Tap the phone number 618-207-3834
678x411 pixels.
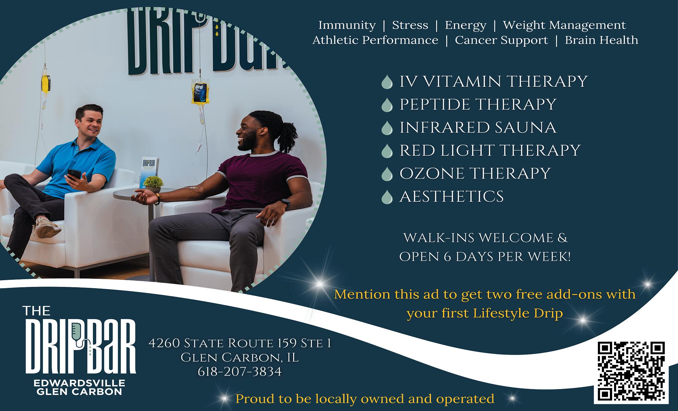click(x=240, y=372)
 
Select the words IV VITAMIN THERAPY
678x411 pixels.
click(x=493, y=81)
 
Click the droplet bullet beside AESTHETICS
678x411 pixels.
click(x=387, y=197)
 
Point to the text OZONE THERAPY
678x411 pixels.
click(x=475, y=173)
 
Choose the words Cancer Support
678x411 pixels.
click(x=501, y=40)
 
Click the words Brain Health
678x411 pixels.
click(x=601, y=40)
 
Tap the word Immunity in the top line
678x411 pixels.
click(x=347, y=25)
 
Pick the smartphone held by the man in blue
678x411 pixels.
click(x=74, y=174)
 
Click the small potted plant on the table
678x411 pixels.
click(x=153, y=183)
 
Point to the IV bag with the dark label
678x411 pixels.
click(x=199, y=92)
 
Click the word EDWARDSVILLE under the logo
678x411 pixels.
click(x=79, y=383)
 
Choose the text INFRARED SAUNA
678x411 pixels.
click(x=478, y=127)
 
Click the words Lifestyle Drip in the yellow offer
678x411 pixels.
click(x=518, y=313)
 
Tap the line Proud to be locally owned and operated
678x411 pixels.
click(x=365, y=399)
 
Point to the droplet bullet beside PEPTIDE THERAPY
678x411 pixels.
click(x=387, y=105)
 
